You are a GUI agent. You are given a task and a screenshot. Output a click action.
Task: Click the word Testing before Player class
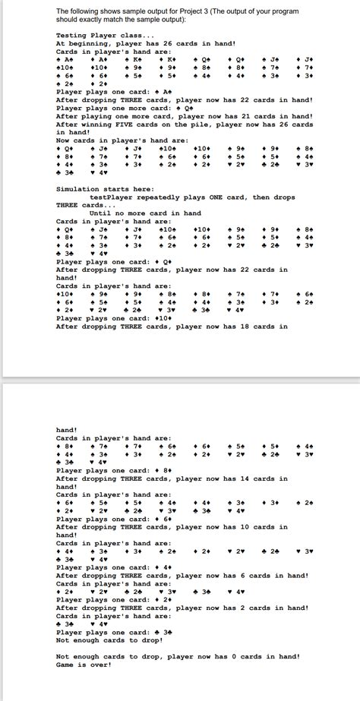click(72, 36)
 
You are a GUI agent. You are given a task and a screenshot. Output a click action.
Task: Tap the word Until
click(99, 213)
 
